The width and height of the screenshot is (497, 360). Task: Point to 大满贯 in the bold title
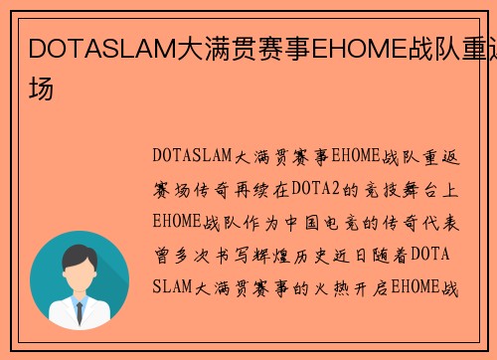[x=210, y=46]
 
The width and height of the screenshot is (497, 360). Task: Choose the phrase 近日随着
[x=372, y=255]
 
